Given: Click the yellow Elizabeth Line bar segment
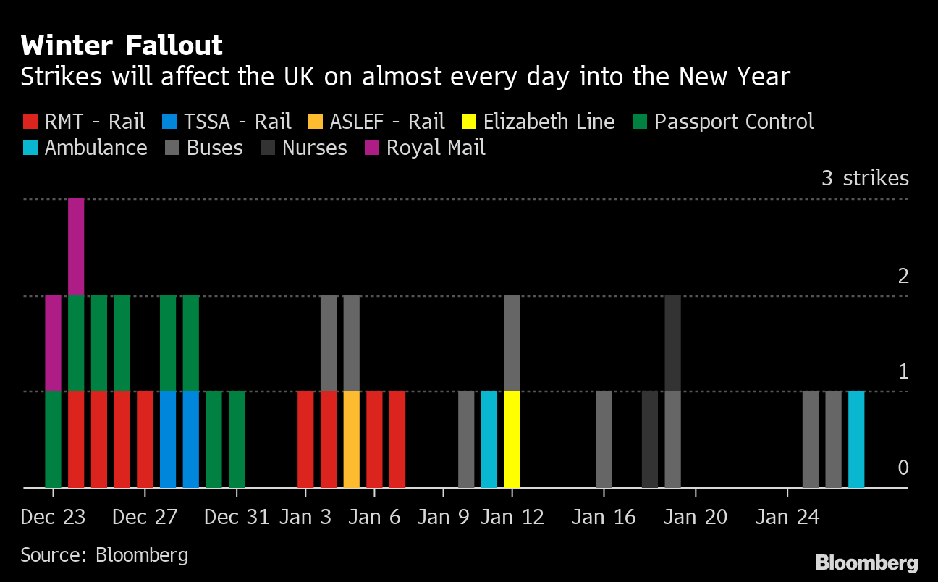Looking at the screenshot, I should (512, 439).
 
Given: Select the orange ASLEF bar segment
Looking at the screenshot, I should (352, 439).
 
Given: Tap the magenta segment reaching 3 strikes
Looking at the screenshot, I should (76, 246).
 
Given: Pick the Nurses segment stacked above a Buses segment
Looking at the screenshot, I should (672, 343).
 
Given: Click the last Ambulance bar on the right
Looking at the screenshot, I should (856, 439).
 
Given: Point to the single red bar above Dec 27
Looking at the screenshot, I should (145, 439).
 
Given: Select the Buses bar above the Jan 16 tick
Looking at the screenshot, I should (604, 439).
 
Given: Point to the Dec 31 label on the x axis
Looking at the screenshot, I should (237, 518).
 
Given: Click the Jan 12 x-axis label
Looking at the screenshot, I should (512, 518).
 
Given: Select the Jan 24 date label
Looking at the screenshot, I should (787, 518).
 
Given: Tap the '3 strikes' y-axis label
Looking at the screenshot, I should (865, 178).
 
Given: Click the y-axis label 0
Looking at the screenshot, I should (903, 468).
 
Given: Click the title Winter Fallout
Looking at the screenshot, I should (122, 46).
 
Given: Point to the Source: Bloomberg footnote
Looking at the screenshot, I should (104, 555).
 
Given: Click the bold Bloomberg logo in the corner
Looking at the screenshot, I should (866, 562).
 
